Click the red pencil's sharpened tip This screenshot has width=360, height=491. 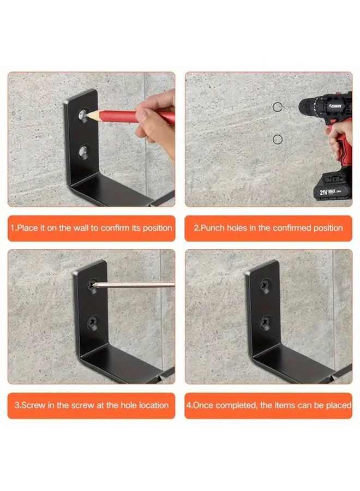(86, 115)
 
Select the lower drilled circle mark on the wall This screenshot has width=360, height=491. (277, 140)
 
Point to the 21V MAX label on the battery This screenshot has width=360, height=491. (329, 192)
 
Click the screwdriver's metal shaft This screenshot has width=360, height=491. (136, 284)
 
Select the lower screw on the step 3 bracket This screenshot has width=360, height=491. (91, 321)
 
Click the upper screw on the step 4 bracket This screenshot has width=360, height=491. (265, 285)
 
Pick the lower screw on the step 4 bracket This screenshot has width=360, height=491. (265, 322)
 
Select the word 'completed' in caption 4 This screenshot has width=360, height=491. (235, 405)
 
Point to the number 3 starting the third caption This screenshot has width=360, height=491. (16, 405)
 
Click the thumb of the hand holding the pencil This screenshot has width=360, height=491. (143, 116)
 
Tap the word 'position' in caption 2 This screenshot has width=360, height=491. (327, 228)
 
